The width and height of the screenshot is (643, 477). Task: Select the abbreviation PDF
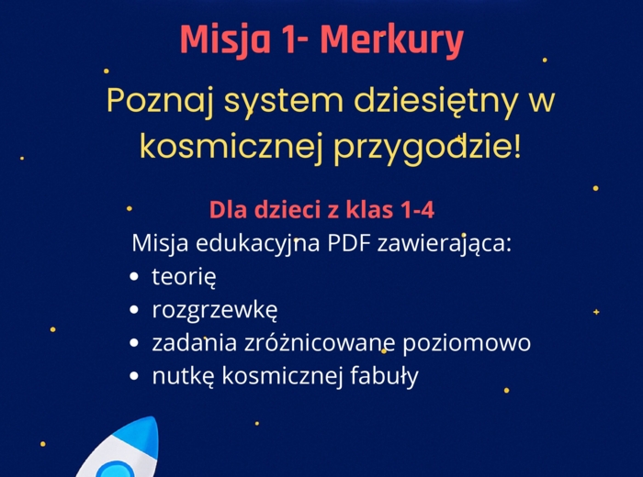tap(357, 244)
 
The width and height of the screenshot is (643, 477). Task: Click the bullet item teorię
tap(184, 277)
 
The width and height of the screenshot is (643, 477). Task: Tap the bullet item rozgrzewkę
tap(215, 311)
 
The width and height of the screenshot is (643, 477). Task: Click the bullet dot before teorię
tap(135, 276)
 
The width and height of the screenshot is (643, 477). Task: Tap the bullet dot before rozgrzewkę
tap(135, 310)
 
